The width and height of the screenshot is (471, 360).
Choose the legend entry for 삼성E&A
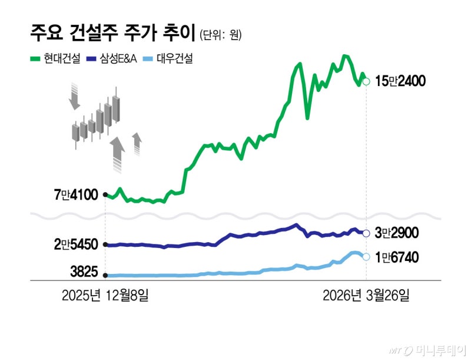pyautogui.click(x=112, y=58)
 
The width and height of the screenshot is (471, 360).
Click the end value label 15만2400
pyautogui.click(x=400, y=81)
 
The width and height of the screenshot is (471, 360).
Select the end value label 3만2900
pyautogui.click(x=396, y=233)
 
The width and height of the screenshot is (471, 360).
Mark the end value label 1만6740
pyautogui.click(x=396, y=257)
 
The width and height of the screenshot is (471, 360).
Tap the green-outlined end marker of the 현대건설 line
pyautogui.click(x=366, y=81)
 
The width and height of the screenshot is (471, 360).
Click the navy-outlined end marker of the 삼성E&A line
pyautogui.click(x=366, y=233)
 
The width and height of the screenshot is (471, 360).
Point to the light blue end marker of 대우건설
pyautogui.click(x=366, y=257)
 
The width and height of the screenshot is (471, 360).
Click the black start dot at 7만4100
pyautogui.click(x=105, y=194)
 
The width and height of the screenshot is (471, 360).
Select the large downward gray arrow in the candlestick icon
pyautogui.click(x=74, y=97)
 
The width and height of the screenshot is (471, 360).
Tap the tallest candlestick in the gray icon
pyautogui.click(x=117, y=106)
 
